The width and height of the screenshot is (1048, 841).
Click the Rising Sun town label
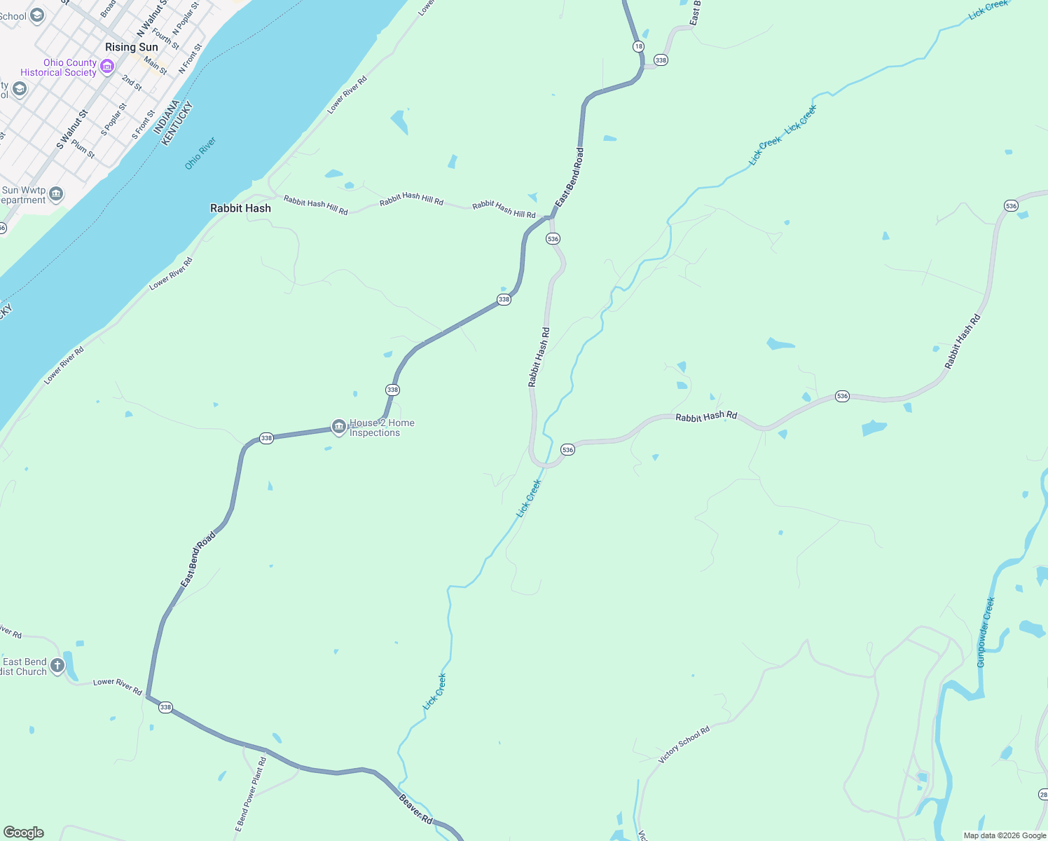point(131,47)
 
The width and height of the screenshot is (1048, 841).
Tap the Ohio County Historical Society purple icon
point(107,67)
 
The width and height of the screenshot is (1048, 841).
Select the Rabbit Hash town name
point(240,208)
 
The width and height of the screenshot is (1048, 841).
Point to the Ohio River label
point(200,153)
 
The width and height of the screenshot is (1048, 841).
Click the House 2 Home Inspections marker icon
point(339,427)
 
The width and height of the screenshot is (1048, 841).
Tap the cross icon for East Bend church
point(57,665)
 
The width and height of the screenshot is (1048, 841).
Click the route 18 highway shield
point(638,46)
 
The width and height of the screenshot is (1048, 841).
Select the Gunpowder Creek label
point(986,631)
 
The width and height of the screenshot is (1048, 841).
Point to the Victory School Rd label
point(684,744)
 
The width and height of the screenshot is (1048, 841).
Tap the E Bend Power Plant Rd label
point(250,794)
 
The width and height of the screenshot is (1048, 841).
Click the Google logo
point(24,832)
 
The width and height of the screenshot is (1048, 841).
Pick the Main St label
point(156,66)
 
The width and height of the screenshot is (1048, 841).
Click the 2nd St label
point(132,83)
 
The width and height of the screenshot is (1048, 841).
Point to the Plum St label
point(83,149)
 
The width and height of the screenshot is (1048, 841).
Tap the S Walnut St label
point(72,130)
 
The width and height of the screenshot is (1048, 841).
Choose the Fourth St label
point(166,38)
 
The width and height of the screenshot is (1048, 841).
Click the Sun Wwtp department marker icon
point(56,194)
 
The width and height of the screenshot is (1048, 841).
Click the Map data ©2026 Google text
point(1005,835)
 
